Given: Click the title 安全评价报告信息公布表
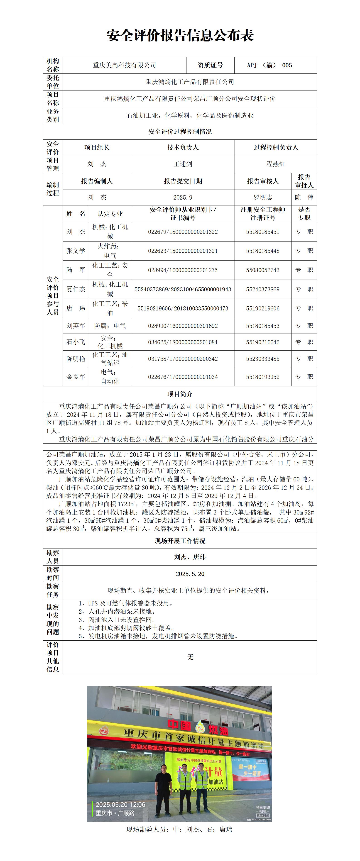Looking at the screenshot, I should tap(180, 35).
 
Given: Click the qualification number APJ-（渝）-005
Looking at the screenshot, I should tap(269, 65).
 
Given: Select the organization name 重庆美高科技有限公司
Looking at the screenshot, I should tap(124, 65).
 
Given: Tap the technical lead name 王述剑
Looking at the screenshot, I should tap(183, 164).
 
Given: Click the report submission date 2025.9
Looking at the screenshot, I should tap(183, 198).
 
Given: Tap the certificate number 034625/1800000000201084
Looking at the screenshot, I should tap(183, 342).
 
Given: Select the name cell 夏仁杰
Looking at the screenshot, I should tap(76, 289).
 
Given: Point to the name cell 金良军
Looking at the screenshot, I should tap(76, 377).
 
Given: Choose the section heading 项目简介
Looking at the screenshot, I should tap(180, 394).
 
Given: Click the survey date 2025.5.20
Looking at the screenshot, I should tap(190, 574).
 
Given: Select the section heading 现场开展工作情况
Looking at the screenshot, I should tap(180, 541).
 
